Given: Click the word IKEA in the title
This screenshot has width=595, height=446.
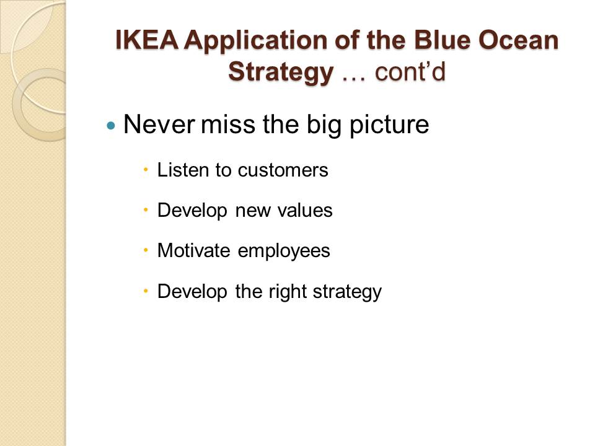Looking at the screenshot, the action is pyautogui.click(x=146, y=40).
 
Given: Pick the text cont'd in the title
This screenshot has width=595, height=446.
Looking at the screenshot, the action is pyautogui.click(x=410, y=72).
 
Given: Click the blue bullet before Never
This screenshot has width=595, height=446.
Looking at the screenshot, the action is pyautogui.click(x=111, y=125).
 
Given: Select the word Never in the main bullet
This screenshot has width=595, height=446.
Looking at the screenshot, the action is pyautogui.click(x=159, y=124).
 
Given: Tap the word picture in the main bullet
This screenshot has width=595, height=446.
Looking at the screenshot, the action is pyautogui.click(x=389, y=125).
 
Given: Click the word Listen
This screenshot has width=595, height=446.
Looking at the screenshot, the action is pyautogui.click(x=183, y=170).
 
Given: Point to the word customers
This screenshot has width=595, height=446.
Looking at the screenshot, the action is pyautogui.click(x=283, y=170).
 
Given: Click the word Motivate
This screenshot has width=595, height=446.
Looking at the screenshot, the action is pyautogui.click(x=193, y=251).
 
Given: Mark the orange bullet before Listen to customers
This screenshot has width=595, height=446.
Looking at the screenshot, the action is pyautogui.click(x=146, y=170).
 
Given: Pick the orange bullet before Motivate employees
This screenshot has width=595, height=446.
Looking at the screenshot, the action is pyautogui.click(x=146, y=250).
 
